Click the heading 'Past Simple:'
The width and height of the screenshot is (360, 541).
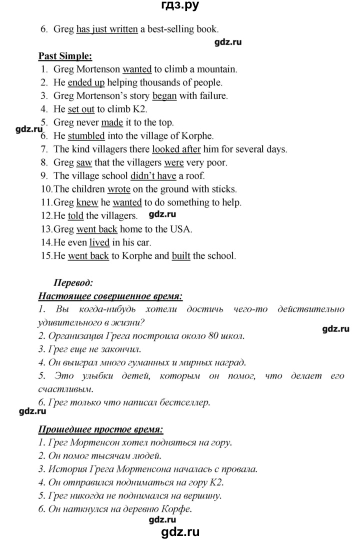point(65,56)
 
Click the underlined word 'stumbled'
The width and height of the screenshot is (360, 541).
point(86,135)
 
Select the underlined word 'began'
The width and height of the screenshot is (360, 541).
point(164,95)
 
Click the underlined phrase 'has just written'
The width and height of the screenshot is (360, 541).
point(107,29)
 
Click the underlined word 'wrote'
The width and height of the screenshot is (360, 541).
point(118,189)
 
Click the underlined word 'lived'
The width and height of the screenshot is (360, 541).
point(99,242)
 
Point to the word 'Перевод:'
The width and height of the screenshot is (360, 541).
point(73,283)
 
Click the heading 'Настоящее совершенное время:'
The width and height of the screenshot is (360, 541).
point(110,296)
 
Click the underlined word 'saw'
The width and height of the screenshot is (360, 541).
point(81,162)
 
